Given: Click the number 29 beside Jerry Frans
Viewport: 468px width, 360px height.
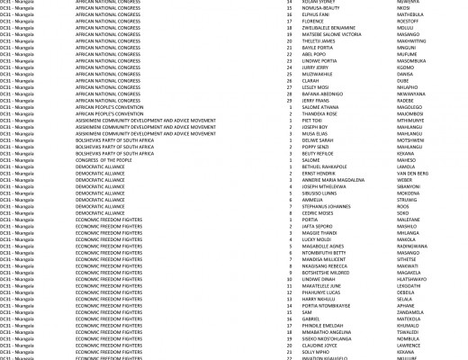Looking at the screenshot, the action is pyautogui.click(x=290, y=101).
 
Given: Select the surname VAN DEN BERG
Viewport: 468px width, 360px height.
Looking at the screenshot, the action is pyautogui.click(x=413, y=173).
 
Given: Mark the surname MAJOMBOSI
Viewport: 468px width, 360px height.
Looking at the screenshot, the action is pyautogui.click(x=411, y=113).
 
